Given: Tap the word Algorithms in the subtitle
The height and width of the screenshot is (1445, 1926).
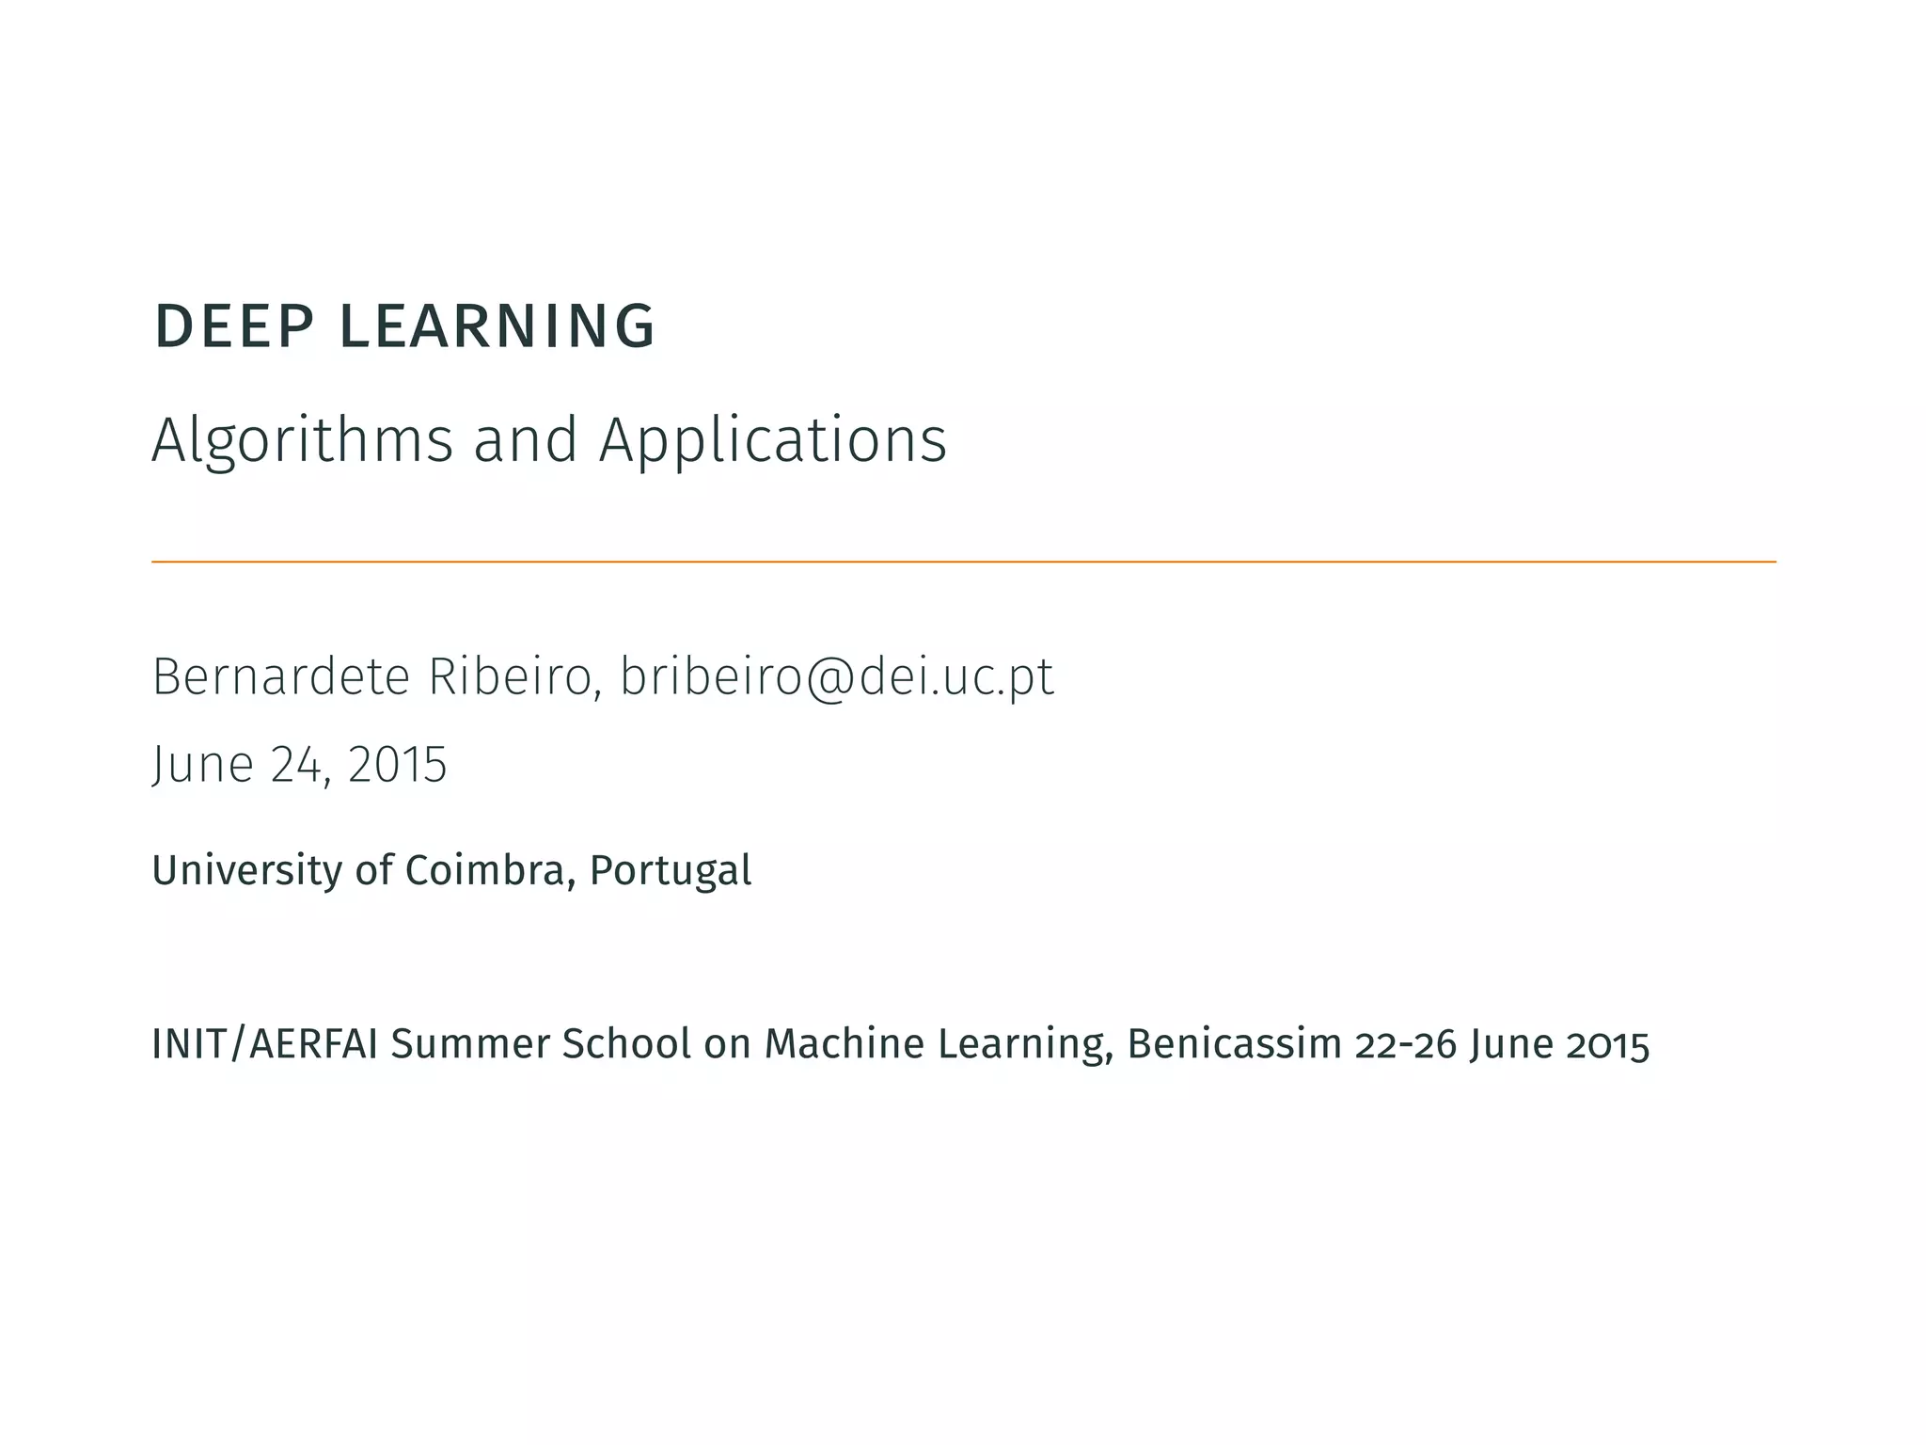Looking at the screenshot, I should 302,440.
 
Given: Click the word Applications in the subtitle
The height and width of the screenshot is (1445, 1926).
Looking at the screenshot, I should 773,440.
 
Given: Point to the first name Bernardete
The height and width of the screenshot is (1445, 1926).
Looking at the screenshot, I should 281,676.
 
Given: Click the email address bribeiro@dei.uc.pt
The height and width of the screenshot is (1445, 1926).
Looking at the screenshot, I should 837,678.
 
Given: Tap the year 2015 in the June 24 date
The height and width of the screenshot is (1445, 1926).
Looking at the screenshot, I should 397,764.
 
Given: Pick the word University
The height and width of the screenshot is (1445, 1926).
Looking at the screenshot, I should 246,870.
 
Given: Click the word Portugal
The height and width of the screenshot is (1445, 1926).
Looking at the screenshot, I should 671,870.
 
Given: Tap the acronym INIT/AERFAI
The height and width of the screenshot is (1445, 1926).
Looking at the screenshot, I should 265,1044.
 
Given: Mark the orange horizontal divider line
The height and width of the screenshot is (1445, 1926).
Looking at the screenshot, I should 963,562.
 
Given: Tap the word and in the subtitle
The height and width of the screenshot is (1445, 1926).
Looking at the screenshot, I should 525,440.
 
